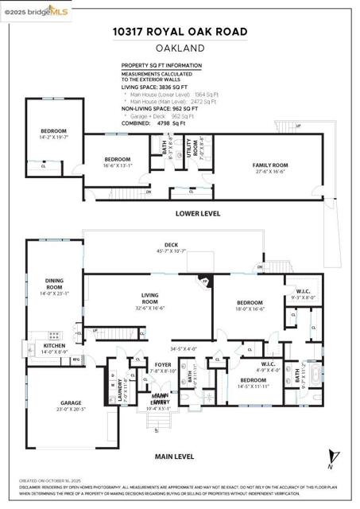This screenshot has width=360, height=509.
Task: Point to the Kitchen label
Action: click(54, 348)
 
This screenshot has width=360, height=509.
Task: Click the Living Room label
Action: click(149, 299)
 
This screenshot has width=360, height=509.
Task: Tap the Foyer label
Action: click(163, 367)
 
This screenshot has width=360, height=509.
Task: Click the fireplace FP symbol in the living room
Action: click(204, 282)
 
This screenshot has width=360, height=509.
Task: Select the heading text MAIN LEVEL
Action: click(175, 457)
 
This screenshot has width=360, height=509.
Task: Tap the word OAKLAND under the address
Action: click(179, 48)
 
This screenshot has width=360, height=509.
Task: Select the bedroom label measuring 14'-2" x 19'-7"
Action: click(54, 134)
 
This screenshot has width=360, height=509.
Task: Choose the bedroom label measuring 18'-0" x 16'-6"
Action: click(250, 307)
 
